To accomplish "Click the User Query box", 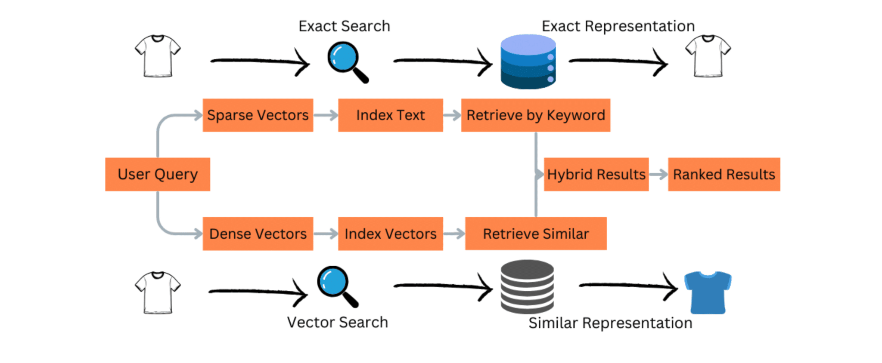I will (x=158, y=174).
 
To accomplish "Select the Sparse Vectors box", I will (x=258, y=115).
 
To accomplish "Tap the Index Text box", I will (x=390, y=115).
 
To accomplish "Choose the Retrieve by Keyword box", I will (x=535, y=115).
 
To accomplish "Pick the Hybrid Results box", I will (x=596, y=174).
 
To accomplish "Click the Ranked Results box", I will (x=724, y=174).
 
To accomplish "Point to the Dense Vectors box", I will (x=258, y=234).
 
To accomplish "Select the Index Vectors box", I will (x=390, y=234).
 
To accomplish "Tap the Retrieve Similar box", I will (x=535, y=234).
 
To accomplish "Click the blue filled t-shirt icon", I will (x=708, y=292).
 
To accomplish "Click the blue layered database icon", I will (x=528, y=62).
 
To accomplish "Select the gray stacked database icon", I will (x=527, y=286).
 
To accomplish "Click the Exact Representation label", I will (x=618, y=26).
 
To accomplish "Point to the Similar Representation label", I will (x=610, y=323).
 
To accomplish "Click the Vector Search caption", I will (x=337, y=322).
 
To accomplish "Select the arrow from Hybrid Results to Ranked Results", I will (x=658, y=174).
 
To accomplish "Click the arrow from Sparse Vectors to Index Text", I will (x=326, y=115).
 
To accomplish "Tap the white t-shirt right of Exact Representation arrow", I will (x=708, y=56).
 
